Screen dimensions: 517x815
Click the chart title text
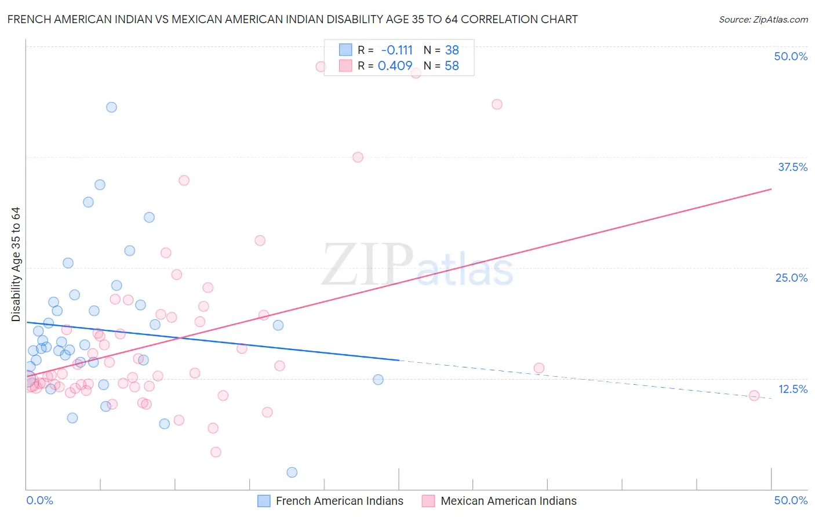tap(292, 19)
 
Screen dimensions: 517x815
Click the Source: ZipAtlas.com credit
tap(763, 19)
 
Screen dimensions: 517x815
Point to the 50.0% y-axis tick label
tap(791, 56)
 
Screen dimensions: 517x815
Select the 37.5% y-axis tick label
tap(792, 167)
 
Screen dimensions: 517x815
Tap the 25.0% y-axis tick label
tap(791, 278)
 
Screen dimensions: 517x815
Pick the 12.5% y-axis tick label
tap(792, 389)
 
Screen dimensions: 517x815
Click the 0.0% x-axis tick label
tap(39, 500)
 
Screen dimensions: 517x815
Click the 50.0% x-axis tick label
tap(791, 500)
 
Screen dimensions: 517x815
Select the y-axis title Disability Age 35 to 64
tap(16, 264)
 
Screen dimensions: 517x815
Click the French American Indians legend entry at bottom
tap(339, 501)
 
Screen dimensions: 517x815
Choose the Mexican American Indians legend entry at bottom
tap(508, 501)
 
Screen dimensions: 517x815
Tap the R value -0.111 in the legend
tap(396, 50)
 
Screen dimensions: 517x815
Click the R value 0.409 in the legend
tap(395, 66)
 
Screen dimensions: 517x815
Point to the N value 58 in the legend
tap(452, 66)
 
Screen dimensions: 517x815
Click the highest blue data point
tap(111, 107)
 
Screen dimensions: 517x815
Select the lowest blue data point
tap(292, 472)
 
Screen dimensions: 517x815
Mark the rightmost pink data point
tap(754, 396)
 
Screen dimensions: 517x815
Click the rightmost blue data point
tap(378, 380)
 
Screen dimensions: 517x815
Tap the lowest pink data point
tap(216, 452)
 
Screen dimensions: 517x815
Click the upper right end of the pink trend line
tap(771, 189)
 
